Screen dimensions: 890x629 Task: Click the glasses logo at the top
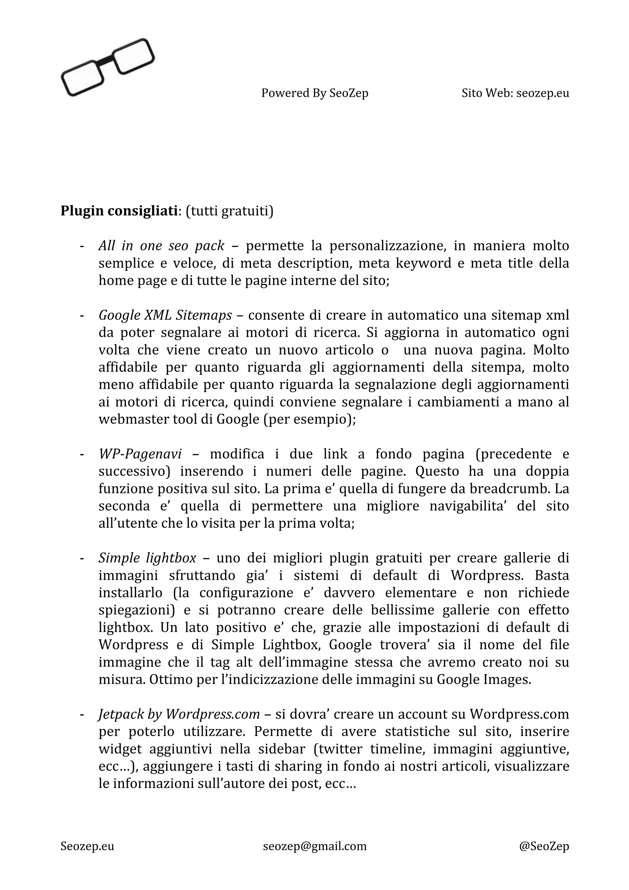(x=108, y=67)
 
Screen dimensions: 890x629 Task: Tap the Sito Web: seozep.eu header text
(x=515, y=93)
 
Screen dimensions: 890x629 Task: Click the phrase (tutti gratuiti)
(x=229, y=211)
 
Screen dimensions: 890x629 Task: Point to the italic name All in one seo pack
(x=161, y=246)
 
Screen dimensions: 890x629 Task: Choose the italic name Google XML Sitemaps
(x=165, y=315)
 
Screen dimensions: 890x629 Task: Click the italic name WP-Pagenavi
(x=140, y=454)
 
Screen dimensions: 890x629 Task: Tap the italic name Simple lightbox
(x=147, y=558)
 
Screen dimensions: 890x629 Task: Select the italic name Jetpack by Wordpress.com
(x=179, y=714)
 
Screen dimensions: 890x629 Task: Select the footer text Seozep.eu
(x=87, y=846)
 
